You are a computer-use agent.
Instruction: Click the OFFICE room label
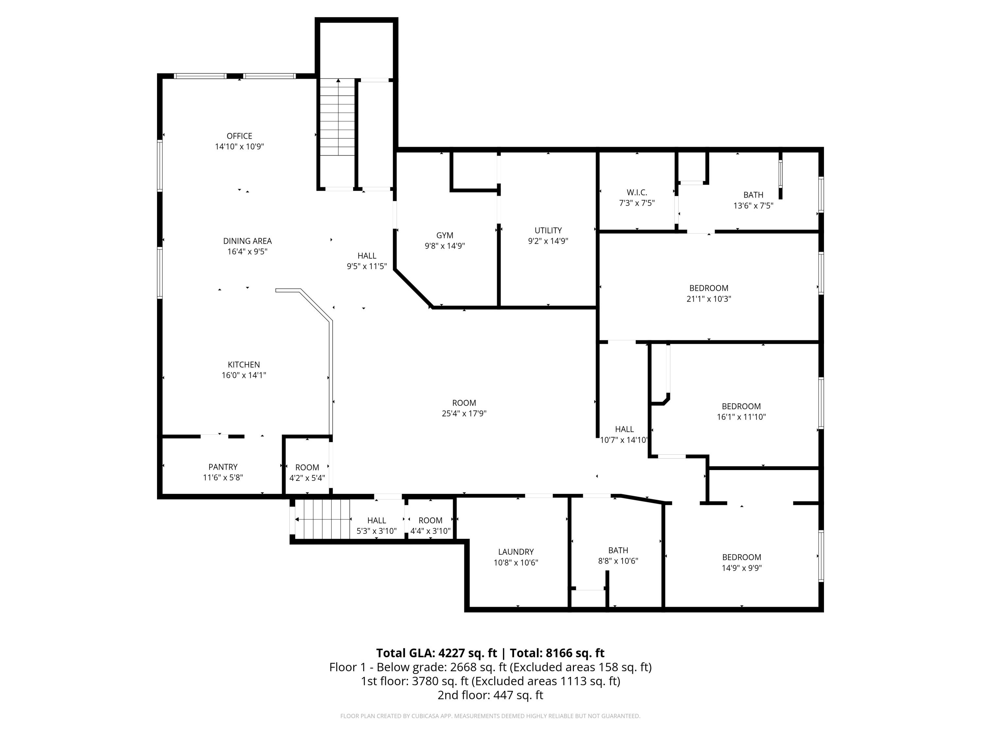pos(239,136)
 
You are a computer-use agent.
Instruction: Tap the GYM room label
pos(444,236)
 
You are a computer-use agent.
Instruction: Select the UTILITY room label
pos(548,230)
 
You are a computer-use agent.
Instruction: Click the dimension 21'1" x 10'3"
pos(708,299)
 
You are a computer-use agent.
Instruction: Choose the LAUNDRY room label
pos(515,552)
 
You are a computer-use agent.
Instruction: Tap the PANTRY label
pos(223,467)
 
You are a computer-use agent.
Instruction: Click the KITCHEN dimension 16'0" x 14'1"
pos(244,375)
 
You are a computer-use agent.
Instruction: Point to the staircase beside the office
pos(338,117)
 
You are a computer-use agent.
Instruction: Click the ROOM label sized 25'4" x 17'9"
pos(464,403)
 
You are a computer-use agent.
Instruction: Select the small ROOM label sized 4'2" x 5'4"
pos(307,467)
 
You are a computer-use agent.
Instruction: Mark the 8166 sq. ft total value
pos(575,653)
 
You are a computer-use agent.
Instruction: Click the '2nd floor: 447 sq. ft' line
pos(490,695)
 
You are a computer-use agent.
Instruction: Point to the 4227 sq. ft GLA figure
pos(467,653)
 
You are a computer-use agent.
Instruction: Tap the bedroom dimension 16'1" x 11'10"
pos(741,417)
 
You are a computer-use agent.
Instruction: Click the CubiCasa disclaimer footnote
pos(490,716)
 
